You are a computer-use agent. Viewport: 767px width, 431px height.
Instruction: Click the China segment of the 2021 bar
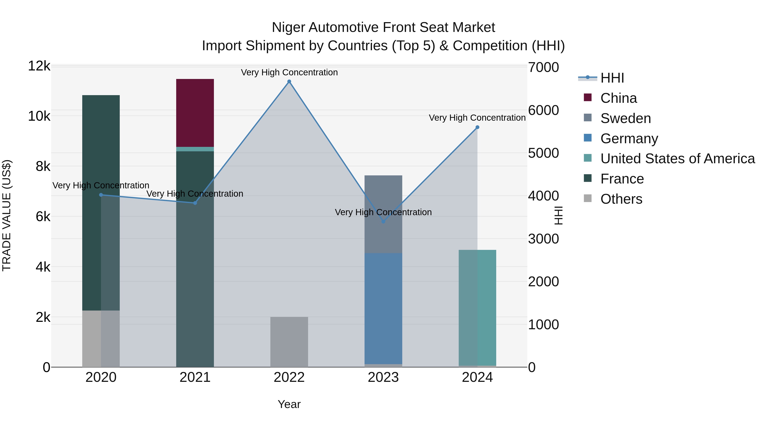pos(195,113)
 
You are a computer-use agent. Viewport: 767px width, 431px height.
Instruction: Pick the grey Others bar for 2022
pos(289,342)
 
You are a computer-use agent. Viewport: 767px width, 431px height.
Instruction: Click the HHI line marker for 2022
pos(289,82)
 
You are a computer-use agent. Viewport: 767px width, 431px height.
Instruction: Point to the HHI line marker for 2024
pos(477,127)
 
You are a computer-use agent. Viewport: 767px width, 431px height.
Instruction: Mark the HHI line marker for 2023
pos(383,222)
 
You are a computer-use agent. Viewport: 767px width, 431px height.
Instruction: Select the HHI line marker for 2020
pos(101,195)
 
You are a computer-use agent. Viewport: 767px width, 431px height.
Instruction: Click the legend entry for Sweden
pos(626,118)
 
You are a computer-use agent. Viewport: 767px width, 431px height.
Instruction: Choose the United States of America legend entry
pos(677,159)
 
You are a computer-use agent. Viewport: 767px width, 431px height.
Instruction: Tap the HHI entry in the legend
pos(612,78)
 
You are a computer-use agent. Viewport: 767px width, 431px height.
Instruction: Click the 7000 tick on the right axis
pos(543,67)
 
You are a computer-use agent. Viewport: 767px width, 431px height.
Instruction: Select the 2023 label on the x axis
pos(383,377)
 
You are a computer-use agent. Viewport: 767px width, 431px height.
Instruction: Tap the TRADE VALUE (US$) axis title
pos(7,215)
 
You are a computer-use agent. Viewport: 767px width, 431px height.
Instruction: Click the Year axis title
pos(289,404)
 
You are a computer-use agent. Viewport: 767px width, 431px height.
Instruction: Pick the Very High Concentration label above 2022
pos(289,72)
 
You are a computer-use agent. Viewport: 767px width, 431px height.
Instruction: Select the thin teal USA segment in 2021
pos(195,149)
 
